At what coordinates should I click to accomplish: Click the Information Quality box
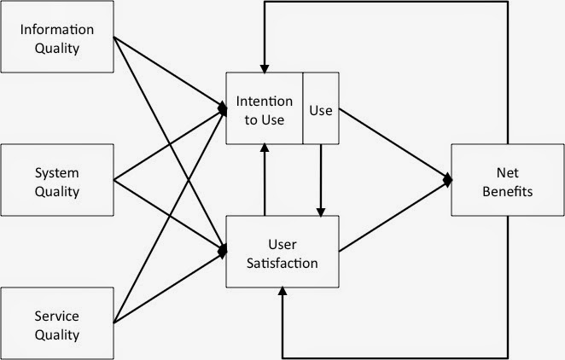(x=58, y=38)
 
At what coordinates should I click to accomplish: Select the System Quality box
(x=58, y=180)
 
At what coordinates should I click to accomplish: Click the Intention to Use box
(x=264, y=110)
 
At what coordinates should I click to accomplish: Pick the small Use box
(x=322, y=110)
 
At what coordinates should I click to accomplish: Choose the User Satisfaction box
(x=282, y=252)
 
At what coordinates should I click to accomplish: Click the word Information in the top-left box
(x=58, y=30)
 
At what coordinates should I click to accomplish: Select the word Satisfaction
(x=282, y=262)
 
